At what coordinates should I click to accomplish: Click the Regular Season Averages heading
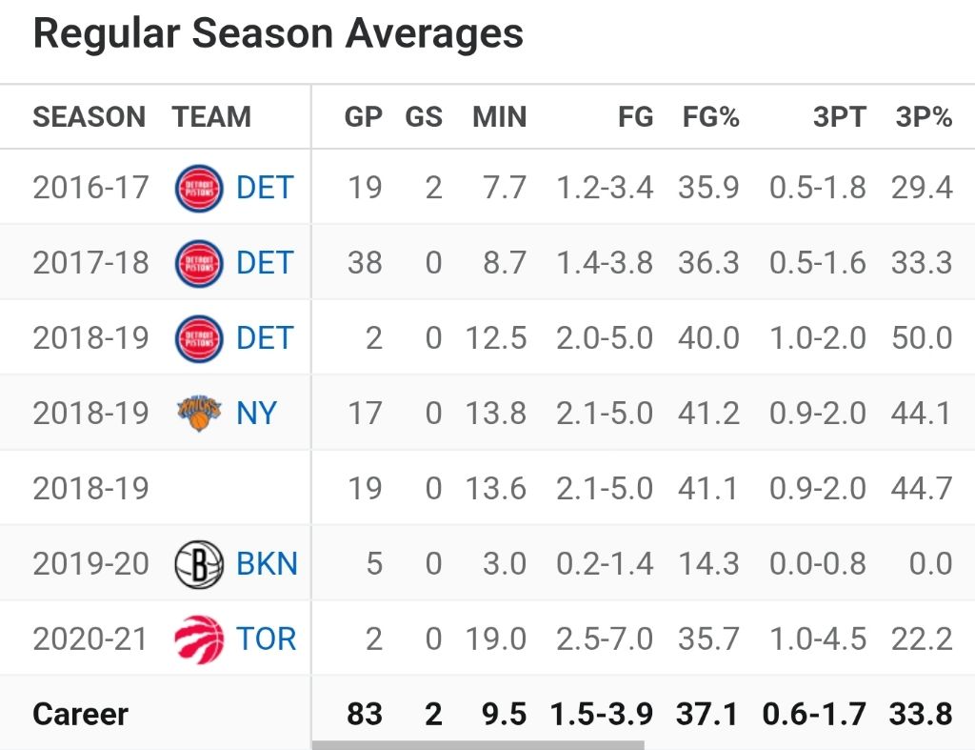[278, 34]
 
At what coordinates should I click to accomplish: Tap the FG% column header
[711, 117]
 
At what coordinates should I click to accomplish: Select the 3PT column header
[839, 117]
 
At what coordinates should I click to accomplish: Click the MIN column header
[499, 117]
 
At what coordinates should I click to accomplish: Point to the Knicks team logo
[199, 414]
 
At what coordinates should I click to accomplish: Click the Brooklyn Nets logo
[199, 563]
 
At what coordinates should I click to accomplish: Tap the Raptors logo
[199, 639]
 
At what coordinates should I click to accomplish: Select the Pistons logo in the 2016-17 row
[199, 188]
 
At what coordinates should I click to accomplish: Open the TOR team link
[267, 639]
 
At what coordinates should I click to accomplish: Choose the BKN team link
[267, 563]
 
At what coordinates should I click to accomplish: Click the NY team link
[257, 414]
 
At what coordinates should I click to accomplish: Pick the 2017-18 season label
[90, 263]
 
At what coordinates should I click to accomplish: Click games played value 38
[365, 263]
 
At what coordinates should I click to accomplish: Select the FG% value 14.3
[708, 563]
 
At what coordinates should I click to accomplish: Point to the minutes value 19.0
[496, 639]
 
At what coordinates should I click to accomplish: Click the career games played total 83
[365, 714]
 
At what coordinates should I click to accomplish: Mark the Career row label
[80, 714]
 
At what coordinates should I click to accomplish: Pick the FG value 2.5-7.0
[605, 639]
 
